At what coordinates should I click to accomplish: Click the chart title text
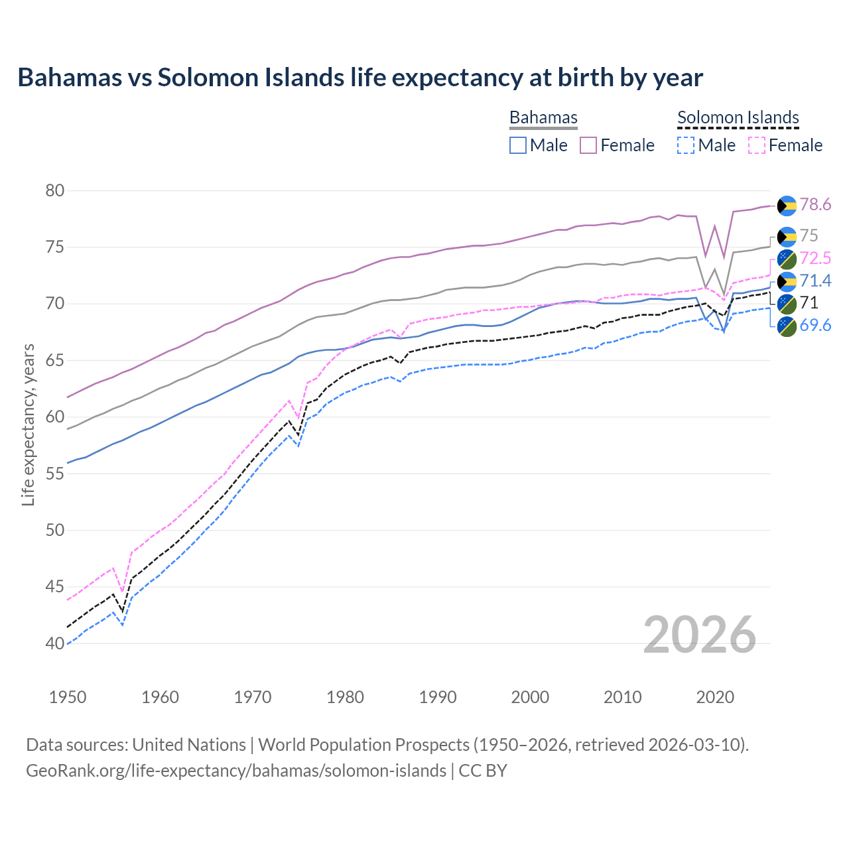pos(360,78)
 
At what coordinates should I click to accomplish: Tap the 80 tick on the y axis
pos(55,191)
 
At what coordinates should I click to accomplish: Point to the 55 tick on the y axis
pos(55,474)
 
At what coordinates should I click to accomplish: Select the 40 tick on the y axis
pos(55,643)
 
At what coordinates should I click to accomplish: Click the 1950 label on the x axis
pos(68,697)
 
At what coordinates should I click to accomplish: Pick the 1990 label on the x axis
pos(438,697)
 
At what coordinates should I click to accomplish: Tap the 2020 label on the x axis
pos(715,697)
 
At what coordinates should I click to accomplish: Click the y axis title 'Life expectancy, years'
pos(29,424)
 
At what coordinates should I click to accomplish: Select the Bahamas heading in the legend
pos(543,117)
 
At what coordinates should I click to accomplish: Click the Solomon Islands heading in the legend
pos(738,117)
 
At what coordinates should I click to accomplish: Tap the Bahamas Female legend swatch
pos(589,145)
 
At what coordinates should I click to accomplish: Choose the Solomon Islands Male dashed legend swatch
pos(686,145)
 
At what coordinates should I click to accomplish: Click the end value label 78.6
pos(815,205)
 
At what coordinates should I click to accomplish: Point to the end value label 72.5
pos(815,258)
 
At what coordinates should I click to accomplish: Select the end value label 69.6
pos(815,325)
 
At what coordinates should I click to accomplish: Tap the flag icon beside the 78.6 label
pos(787,206)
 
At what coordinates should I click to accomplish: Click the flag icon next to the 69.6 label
pos(787,326)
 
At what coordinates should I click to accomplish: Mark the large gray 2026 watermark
pos(700,635)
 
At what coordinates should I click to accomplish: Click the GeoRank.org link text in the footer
pos(236,771)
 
